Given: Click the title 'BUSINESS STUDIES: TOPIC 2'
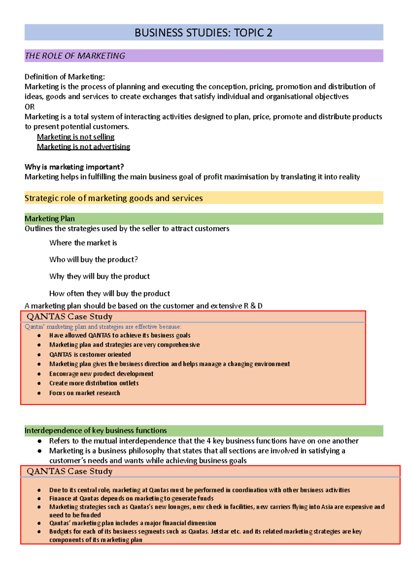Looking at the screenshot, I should click(x=203, y=33).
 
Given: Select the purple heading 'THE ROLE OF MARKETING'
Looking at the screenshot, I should click(x=75, y=56).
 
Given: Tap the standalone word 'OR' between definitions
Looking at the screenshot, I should click(x=30, y=107).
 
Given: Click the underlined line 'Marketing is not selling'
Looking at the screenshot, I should click(x=75, y=137).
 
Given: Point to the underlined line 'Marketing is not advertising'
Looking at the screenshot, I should click(x=83, y=147).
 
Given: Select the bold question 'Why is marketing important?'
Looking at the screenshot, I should click(x=74, y=167).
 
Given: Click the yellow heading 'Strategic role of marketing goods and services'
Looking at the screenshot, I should click(x=114, y=198).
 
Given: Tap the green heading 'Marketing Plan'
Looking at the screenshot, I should click(x=50, y=219).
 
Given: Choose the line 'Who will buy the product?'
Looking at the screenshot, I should click(x=93, y=259).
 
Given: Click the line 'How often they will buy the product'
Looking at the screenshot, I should click(x=109, y=293).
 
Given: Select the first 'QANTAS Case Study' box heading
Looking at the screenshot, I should click(x=69, y=317).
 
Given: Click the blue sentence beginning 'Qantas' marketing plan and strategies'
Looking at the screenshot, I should click(x=103, y=327).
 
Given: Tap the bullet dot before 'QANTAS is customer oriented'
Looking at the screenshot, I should click(x=39, y=355).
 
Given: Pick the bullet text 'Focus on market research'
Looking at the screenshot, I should click(x=84, y=393).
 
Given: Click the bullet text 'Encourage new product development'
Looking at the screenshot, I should click(x=101, y=374).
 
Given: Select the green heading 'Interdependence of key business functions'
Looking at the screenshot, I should click(x=96, y=430).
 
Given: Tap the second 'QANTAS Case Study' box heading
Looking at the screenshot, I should click(x=69, y=471).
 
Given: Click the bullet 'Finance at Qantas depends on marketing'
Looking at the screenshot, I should click(x=131, y=498).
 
